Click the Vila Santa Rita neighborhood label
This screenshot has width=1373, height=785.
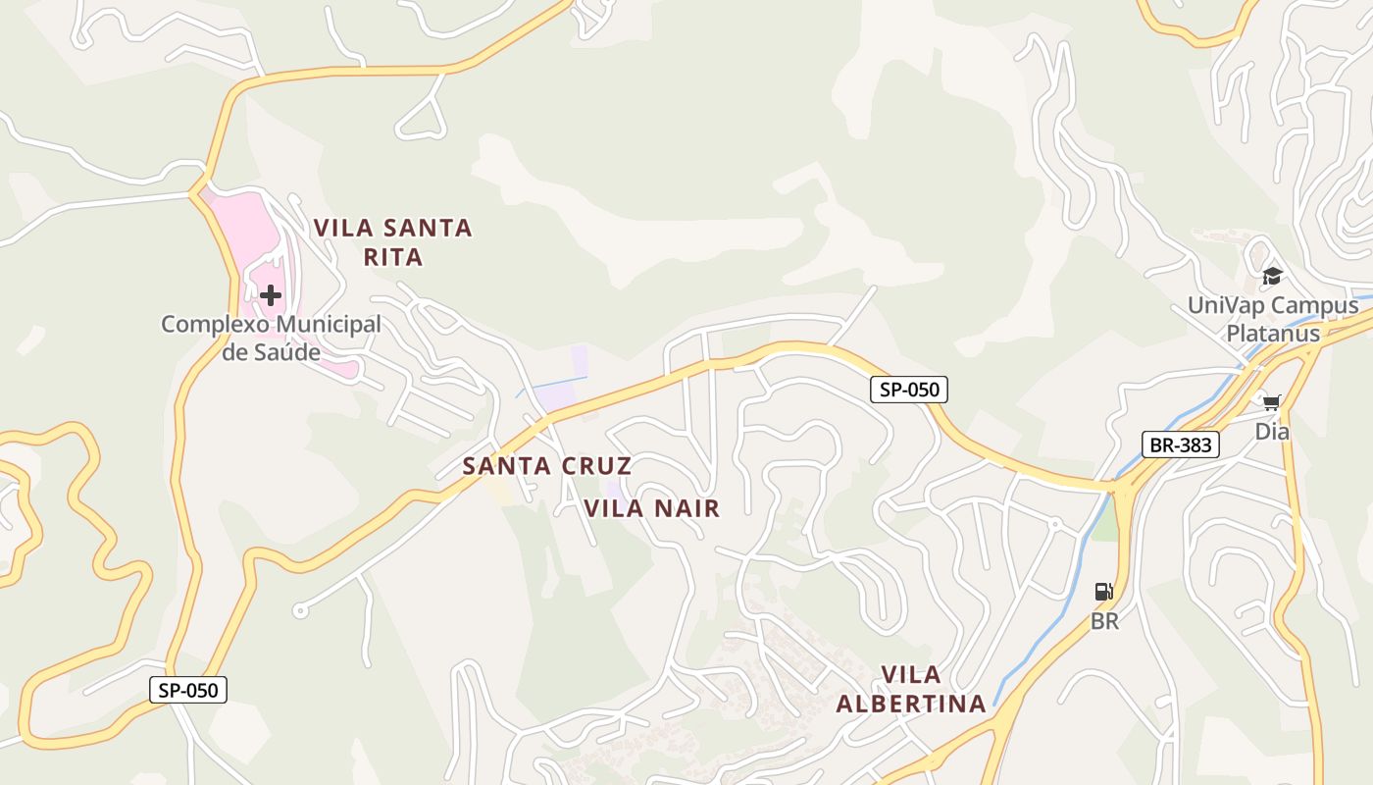(x=392, y=242)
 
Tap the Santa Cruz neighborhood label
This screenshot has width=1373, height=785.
(x=546, y=465)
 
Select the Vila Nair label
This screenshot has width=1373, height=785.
(x=652, y=508)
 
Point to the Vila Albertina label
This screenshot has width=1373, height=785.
(x=911, y=689)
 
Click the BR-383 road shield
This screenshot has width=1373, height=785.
(x=1181, y=445)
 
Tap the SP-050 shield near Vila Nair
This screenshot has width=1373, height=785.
(x=909, y=390)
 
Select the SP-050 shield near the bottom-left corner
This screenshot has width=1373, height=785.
(x=188, y=690)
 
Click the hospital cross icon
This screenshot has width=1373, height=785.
(x=271, y=294)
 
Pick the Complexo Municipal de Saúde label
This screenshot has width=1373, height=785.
(x=271, y=337)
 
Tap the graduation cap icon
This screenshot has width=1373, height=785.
(x=1272, y=276)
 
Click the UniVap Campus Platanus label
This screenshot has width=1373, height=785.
(x=1273, y=319)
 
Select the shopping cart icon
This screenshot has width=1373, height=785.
(x=1272, y=402)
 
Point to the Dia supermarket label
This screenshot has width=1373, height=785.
(x=1272, y=431)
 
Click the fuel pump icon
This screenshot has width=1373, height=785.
(x=1104, y=592)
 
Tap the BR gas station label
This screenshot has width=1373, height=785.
(x=1104, y=621)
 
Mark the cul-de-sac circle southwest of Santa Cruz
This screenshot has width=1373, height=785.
(x=300, y=611)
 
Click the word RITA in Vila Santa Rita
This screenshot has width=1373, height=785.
(x=392, y=257)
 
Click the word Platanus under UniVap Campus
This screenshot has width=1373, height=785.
(x=1273, y=333)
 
